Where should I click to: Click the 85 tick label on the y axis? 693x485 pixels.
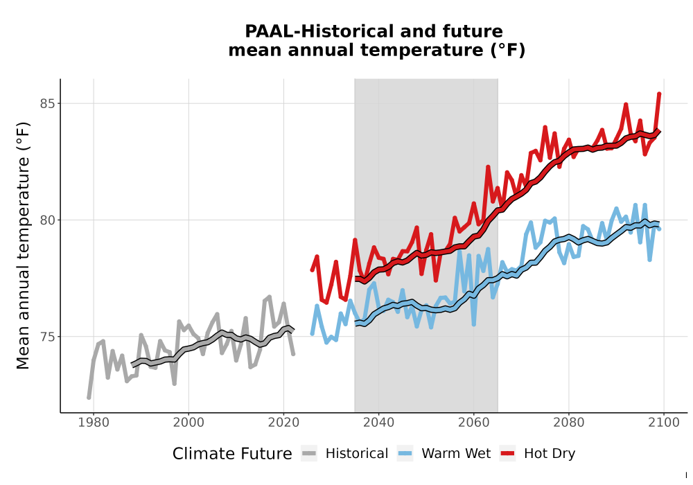47,104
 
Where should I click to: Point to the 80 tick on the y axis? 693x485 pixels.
47,220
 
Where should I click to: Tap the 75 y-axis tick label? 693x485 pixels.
47,337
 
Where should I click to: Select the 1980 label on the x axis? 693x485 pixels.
94,423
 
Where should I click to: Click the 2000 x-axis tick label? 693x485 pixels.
188,423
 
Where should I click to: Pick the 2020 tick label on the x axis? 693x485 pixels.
283,423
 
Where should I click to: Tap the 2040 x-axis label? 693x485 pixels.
379,423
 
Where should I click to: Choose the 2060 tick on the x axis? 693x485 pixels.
474,423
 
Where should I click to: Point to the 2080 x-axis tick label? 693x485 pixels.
569,423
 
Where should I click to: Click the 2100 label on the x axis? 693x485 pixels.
664,423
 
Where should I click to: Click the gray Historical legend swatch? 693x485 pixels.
309,454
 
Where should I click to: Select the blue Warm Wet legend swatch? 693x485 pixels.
405,454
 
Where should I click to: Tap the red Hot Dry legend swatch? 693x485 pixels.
507,454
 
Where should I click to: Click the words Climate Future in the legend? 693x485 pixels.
232,454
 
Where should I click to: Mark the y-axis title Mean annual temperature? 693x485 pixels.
23,245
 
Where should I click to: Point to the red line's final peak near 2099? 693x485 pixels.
659,94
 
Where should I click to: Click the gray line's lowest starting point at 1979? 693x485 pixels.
89,398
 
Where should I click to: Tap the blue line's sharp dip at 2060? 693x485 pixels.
474,325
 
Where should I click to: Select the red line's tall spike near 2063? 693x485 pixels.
488,167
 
